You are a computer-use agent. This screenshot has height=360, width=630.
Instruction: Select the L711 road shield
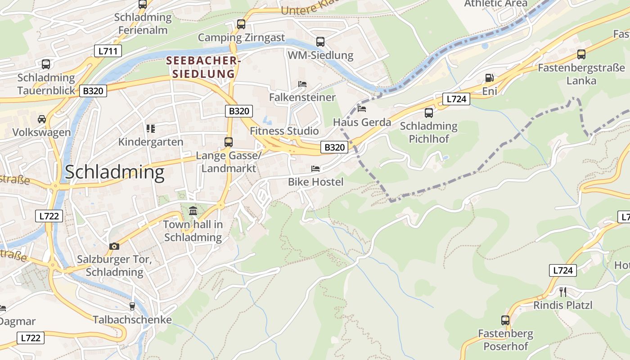(108, 51)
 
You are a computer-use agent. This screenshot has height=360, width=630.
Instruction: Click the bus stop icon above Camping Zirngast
(241, 24)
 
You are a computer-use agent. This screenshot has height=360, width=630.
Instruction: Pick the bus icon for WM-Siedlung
(320, 42)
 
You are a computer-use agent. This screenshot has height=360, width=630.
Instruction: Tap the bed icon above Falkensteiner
(302, 84)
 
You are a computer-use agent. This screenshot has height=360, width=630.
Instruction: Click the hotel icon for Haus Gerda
(361, 108)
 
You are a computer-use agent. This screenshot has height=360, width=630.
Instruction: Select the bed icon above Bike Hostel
(315, 169)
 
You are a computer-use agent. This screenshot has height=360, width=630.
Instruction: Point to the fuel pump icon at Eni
(489, 78)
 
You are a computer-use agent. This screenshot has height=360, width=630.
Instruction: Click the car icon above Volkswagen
(42, 119)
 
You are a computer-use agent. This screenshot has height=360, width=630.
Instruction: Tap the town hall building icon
(193, 211)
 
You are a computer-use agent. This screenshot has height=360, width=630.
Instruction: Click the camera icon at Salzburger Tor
(114, 246)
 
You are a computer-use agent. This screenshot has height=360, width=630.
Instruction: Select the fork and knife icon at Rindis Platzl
(562, 292)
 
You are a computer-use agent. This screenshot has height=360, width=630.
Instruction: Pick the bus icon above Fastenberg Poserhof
(505, 320)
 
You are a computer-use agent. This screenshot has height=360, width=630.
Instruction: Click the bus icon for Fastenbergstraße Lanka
(581, 54)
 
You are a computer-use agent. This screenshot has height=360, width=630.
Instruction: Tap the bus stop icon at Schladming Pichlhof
(428, 112)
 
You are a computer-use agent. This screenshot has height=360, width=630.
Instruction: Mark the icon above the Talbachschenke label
(132, 306)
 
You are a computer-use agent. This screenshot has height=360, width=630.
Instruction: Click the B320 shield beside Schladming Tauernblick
(93, 91)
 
